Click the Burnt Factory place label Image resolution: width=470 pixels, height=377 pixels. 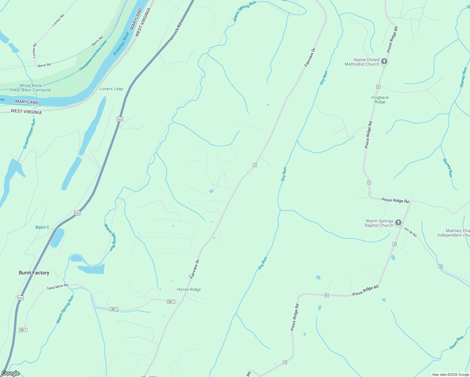(x=34, y=273)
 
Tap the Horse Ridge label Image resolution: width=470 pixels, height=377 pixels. (x=189, y=289)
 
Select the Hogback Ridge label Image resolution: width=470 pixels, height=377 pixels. (x=380, y=100)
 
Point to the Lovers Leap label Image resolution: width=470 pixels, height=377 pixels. (x=111, y=89)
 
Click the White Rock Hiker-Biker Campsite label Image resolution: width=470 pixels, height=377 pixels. (x=30, y=88)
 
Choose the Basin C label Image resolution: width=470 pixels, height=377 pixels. (x=42, y=227)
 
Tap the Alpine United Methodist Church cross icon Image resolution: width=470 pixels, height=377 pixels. (x=384, y=62)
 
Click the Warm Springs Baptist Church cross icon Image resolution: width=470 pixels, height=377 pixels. (x=398, y=223)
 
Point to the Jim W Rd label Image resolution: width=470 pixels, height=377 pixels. (x=410, y=232)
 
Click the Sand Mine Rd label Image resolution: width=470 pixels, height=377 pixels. (x=57, y=287)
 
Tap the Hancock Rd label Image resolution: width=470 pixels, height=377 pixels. (x=175, y=32)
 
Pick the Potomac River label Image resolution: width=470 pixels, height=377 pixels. (x=121, y=43)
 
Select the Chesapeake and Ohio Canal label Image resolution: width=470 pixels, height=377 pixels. (x=93, y=55)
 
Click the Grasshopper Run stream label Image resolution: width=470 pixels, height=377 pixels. (x=29, y=134)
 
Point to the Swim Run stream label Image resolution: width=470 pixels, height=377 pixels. (x=456, y=343)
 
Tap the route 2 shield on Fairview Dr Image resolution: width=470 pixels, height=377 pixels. (x=255, y=165)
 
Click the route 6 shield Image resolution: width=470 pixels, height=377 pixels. (x=441, y=266)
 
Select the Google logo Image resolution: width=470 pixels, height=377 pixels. (x=10, y=373)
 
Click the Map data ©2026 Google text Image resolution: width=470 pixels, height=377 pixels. (x=450, y=374)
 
